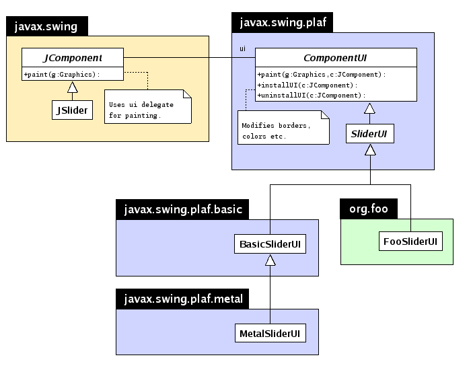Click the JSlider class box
[x=71, y=110]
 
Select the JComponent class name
[x=73, y=58]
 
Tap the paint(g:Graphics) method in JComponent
[x=62, y=75]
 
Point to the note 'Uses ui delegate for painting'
[x=147, y=109]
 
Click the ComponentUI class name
[x=335, y=58]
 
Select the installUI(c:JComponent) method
[x=306, y=85]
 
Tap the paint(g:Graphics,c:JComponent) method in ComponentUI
[x=322, y=75]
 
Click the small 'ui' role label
[x=243, y=49]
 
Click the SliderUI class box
[x=369, y=134]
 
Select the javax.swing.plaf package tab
[x=283, y=22]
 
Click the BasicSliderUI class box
[x=270, y=244]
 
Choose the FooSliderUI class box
[x=410, y=241]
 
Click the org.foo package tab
[x=368, y=209]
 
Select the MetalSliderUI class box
[x=270, y=332]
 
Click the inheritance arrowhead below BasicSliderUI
[x=270, y=260]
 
